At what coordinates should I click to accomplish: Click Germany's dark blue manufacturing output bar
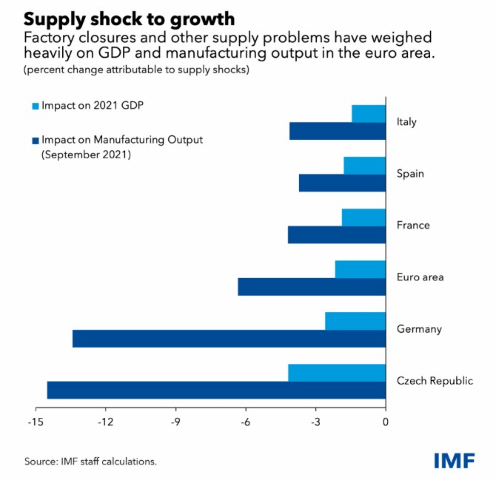[229, 339]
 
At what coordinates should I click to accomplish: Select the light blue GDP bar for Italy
[369, 114]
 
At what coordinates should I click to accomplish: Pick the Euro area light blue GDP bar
[360, 269]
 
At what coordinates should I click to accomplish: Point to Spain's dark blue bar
[342, 183]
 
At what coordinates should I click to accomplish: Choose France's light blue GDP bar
[363, 217]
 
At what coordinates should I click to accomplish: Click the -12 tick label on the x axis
[105, 422]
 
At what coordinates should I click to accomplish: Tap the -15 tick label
[35, 422]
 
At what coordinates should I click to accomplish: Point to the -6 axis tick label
[245, 422]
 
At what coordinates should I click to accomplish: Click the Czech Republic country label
[435, 381]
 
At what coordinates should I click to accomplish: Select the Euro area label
[420, 277]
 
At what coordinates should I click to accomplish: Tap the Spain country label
[411, 174]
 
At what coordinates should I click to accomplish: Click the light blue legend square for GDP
[36, 106]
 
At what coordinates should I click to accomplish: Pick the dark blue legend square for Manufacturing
[36, 139]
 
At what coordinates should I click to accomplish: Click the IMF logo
[456, 459]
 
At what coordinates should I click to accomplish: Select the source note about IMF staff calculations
[90, 462]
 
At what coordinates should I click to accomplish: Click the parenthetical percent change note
[135, 70]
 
